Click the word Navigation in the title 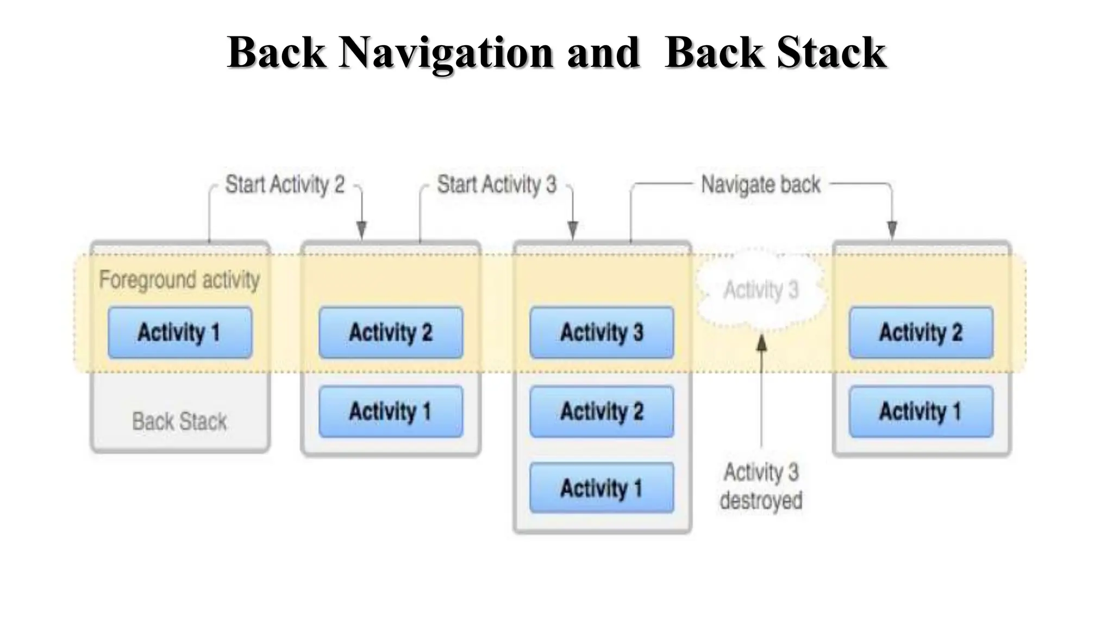[x=446, y=53]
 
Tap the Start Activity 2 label [x=285, y=185]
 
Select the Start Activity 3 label [x=497, y=185]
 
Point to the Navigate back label [x=760, y=185]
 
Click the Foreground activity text [x=179, y=280]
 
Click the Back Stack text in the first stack [x=179, y=422]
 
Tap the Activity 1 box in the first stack [x=180, y=333]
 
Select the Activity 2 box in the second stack [x=391, y=333]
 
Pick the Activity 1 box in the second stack [x=391, y=411]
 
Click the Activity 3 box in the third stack [x=602, y=333]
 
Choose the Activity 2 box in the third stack [x=602, y=411]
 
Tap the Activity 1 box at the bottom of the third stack [x=602, y=488]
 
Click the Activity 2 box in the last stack [x=921, y=333]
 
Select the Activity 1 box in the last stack [x=921, y=411]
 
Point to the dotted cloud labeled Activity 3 [x=761, y=290]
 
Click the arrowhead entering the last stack [x=892, y=230]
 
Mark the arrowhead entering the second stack [x=361, y=230]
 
